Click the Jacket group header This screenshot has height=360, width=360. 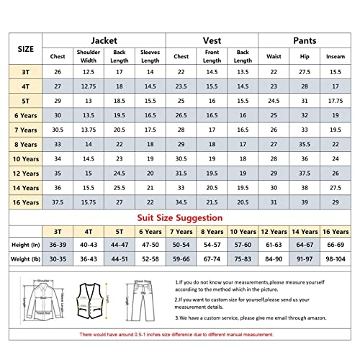pyautogui.click(x=104, y=42)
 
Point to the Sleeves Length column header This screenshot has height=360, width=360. pyautogui.click(x=150, y=56)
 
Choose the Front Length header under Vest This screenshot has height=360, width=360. pyautogui.click(x=212, y=56)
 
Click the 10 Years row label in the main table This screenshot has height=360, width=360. pyautogui.click(x=24, y=158)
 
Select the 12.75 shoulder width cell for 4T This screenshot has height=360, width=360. pyautogui.click(x=89, y=85)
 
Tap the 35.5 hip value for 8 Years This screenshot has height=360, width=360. pyautogui.click(x=305, y=143)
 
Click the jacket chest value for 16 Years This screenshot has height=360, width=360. pyautogui.click(x=58, y=202)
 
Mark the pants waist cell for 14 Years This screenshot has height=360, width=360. pyautogui.click(x=274, y=187)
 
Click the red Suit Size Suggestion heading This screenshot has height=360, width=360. pyautogui.click(x=177, y=217)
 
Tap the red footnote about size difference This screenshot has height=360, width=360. pyautogui.click(x=180, y=335)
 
